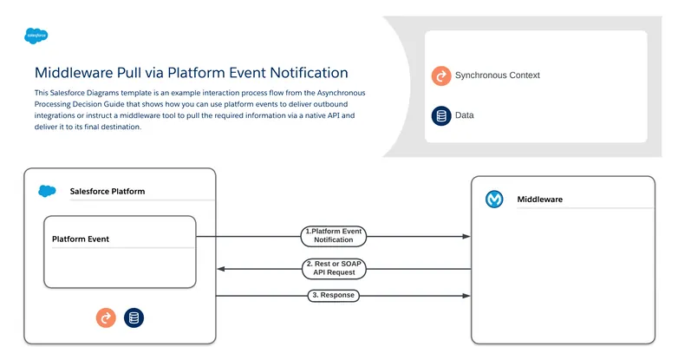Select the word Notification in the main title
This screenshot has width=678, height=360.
[301, 73]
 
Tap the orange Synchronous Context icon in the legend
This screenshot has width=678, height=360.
[440, 75]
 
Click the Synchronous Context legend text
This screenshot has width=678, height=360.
[497, 75]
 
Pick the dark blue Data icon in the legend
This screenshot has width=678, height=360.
[440, 115]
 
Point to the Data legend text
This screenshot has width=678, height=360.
[464, 115]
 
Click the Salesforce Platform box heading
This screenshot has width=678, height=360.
[108, 191]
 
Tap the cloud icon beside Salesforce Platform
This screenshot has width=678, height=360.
[47, 191]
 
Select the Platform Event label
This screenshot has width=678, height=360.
[81, 239]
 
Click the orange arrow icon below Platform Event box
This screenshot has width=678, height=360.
[106, 318]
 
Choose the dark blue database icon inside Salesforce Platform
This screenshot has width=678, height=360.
[134, 318]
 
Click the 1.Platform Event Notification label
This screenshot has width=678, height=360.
[333, 236]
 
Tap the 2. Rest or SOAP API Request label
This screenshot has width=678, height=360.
[334, 269]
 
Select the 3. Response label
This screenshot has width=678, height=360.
[334, 296]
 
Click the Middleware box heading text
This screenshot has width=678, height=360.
[539, 200]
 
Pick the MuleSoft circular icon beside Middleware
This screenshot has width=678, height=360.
[494, 200]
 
